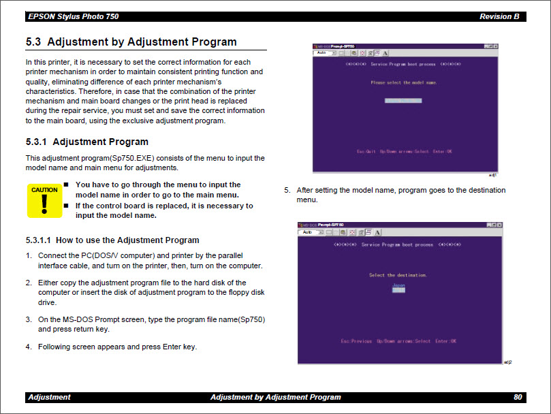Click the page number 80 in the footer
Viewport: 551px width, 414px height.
(x=518, y=397)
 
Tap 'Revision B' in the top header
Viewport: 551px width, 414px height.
(x=499, y=16)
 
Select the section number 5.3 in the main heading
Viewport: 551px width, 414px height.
(x=33, y=42)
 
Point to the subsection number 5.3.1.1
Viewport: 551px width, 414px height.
(x=38, y=240)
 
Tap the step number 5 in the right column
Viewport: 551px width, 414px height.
(x=287, y=191)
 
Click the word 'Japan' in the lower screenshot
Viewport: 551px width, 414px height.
(x=398, y=285)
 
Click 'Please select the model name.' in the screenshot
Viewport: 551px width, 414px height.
(x=404, y=82)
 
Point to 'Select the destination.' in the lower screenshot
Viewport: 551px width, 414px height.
(x=398, y=275)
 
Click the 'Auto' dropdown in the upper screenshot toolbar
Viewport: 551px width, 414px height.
(x=324, y=52)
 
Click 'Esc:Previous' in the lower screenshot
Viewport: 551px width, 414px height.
(x=356, y=340)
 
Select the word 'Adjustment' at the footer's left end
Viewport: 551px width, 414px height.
(x=49, y=397)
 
